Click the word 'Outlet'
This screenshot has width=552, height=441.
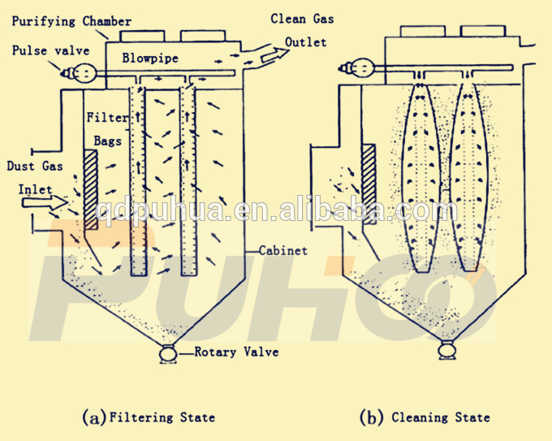(x=306, y=41)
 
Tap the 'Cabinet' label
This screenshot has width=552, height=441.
(x=283, y=251)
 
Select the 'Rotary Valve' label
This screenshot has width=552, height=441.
(x=236, y=352)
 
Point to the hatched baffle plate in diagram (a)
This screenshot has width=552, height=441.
(x=90, y=188)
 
